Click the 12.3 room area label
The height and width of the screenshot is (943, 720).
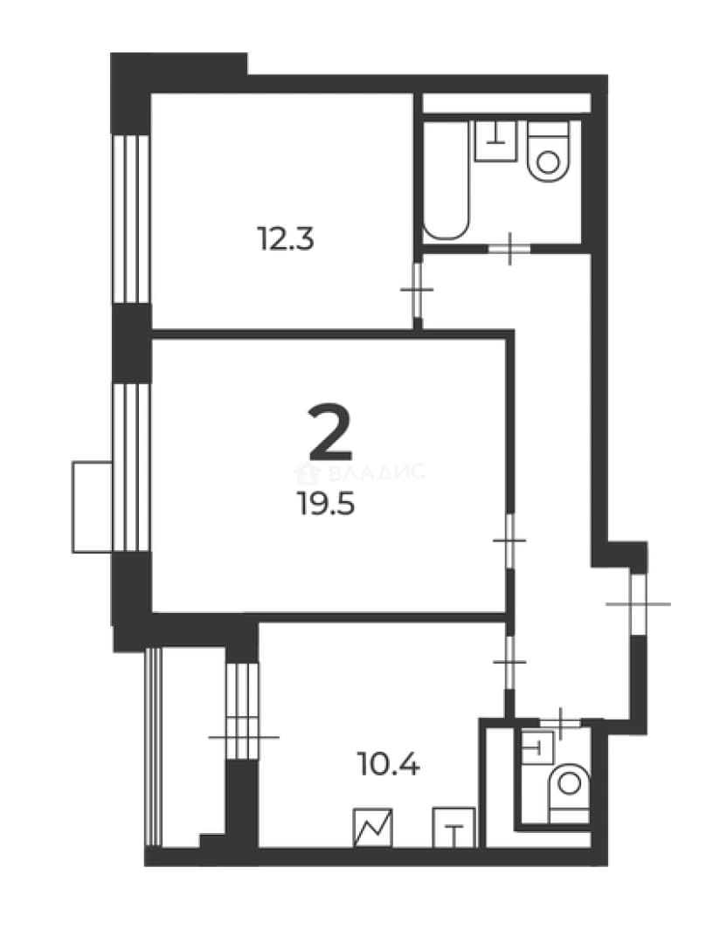(286, 238)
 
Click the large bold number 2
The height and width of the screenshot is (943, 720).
(329, 432)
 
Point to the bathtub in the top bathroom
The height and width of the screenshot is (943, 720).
(447, 180)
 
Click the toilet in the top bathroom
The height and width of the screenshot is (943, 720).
(548, 151)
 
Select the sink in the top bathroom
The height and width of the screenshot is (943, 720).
(496, 141)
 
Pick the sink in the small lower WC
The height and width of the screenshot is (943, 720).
(537, 747)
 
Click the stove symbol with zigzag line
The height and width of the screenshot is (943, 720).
(373, 828)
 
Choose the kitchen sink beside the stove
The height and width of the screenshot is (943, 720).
(454, 828)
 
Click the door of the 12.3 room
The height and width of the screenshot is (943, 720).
(417, 291)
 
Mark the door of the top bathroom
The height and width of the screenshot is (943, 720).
(509, 248)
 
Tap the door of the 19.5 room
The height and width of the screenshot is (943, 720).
(509, 540)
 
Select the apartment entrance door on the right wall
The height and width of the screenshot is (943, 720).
(638, 604)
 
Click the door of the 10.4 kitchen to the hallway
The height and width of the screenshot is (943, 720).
(509, 662)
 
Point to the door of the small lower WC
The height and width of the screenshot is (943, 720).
(560, 723)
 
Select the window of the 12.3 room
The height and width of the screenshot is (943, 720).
(131, 219)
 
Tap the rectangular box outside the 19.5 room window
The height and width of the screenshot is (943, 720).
(93, 506)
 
